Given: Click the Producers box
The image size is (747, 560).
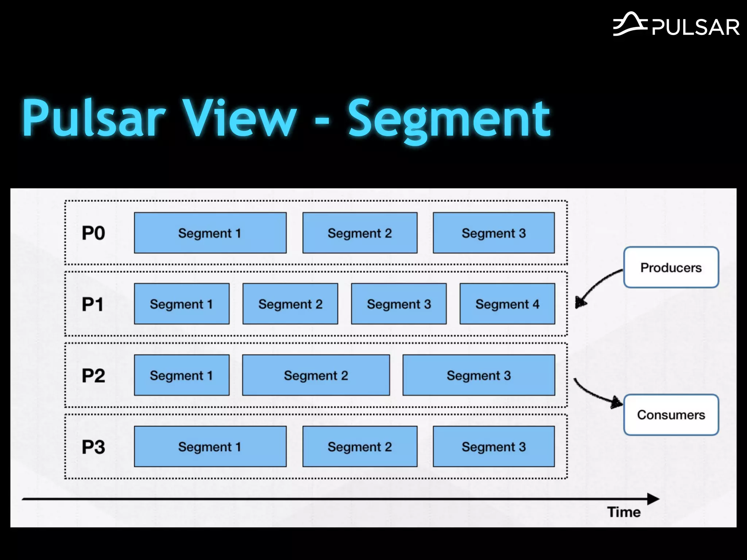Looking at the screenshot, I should [671, 267].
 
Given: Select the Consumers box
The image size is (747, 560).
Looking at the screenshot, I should [671, 415].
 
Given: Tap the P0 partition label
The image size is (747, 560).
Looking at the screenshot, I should [93, 233].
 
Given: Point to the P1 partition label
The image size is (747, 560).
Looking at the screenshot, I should [93, 304].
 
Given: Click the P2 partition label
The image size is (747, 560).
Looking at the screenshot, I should [93, 376].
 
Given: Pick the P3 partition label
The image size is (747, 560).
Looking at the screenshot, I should [93, 447].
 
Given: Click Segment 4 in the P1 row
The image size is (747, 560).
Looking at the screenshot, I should [507, 304].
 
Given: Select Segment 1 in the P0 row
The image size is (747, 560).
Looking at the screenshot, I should [210, 233].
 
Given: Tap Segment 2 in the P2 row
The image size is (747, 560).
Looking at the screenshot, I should [316, 375].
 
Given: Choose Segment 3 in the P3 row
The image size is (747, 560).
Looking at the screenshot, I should [494, 447].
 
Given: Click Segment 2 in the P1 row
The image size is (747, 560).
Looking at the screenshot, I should [290, 304].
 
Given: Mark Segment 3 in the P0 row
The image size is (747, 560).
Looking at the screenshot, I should [494, 233].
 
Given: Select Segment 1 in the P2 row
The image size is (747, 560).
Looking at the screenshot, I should [182, 375].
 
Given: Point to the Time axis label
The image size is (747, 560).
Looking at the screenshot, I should [624, 512].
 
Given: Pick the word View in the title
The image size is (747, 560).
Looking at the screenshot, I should [240, 118].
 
